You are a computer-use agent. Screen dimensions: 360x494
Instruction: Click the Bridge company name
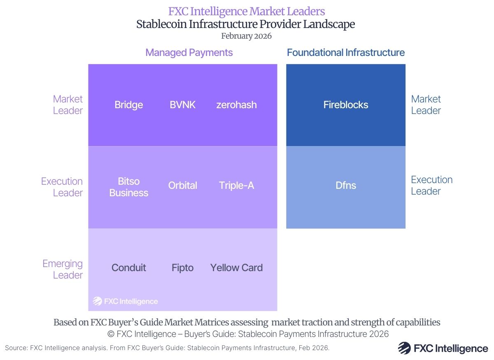(128, 105)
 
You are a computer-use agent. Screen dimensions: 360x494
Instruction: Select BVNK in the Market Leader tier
(182, 105)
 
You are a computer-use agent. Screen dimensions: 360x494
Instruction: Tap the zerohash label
(236, 105)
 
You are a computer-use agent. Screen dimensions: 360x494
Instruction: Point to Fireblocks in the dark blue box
(346, 105)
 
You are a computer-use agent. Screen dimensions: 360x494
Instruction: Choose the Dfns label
(346, 186)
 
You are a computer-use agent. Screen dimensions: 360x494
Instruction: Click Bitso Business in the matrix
(128, 187)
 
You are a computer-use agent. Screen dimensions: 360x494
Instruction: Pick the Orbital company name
(182, 186)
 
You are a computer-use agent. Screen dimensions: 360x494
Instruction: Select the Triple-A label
(236, 186)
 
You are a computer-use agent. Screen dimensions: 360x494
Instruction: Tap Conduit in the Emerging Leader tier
(128, 268)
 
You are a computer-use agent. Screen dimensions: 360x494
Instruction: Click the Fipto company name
(182, 268)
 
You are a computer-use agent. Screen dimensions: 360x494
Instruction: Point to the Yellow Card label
(236, 268)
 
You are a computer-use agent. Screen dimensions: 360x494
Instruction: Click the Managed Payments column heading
(189, 53)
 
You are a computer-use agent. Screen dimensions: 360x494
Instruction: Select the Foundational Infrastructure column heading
(346, 53)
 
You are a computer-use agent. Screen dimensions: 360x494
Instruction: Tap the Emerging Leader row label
(63, 269)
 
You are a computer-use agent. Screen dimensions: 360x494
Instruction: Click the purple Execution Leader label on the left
(62, 187)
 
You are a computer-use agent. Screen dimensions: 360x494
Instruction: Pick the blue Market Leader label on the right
(426, 105)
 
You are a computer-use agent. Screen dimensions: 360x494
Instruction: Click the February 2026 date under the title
(246, 36)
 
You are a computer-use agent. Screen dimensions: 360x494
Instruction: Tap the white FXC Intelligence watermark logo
(125, 301)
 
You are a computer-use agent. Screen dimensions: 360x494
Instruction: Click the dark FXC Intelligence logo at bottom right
(443, 348)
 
